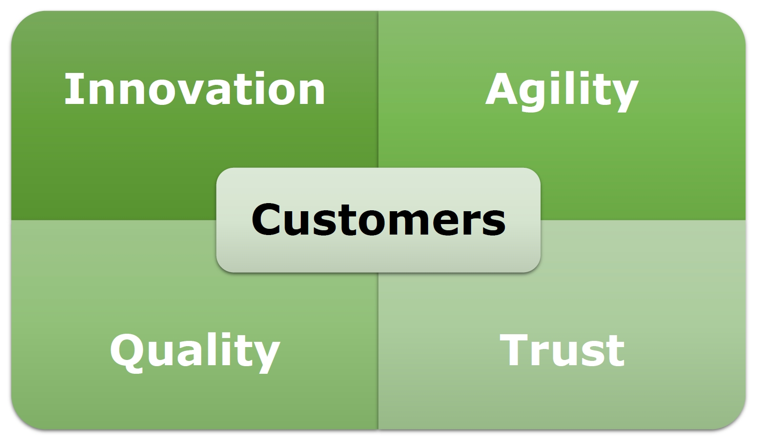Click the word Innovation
coord(194,89)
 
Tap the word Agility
coord(562,91)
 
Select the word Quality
coord(195,352)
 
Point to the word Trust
coord(562,350)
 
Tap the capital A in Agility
coord(503,88)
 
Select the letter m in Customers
coord(416,224)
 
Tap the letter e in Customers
coord(451,224)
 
